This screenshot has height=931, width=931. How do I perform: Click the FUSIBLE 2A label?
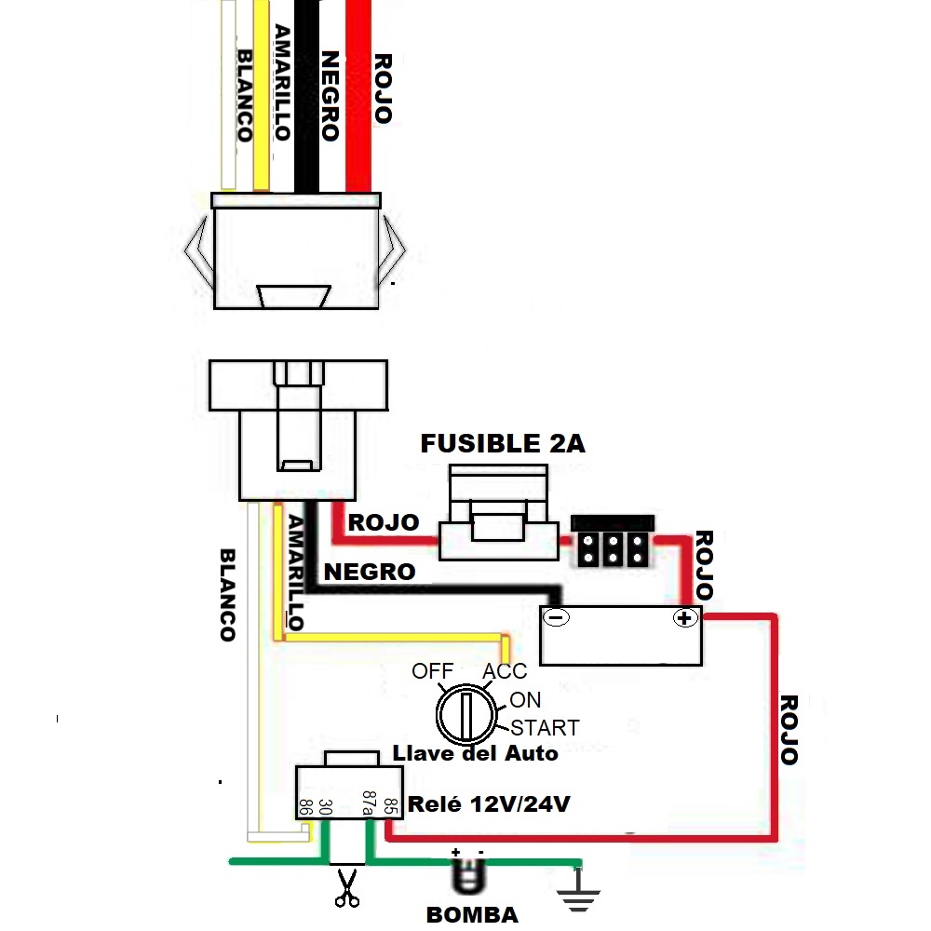coord(503,443)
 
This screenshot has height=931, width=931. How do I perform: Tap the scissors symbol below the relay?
coord(346,888)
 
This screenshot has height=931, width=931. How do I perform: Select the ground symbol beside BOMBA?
coord(578,890)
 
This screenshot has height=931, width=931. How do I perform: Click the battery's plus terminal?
coord(684,618)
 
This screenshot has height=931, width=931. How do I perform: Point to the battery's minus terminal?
coord(557,617)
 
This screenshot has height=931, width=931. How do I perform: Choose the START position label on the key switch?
coord(545,728)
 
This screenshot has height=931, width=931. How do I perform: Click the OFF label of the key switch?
coord(432,671)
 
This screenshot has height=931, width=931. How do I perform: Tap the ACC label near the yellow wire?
coord(505,671)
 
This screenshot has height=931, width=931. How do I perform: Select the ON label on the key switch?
coord(525,700)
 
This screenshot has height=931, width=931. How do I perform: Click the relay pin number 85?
coord(390,806)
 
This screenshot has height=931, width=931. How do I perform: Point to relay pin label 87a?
coord(369,803)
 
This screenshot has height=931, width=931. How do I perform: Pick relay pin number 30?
coord(325,807)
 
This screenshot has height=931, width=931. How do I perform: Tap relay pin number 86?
coord(305,807)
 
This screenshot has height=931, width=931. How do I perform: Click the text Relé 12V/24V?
coord(489,804)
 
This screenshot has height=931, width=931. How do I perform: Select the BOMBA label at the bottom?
coord(472,915)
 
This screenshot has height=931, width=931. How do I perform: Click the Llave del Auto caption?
coord(475,753)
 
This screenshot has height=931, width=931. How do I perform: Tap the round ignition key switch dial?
coord(466,714)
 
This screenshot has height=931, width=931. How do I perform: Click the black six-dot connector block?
coord(613,541)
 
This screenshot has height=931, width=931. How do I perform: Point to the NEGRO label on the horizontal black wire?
coord(370,572)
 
